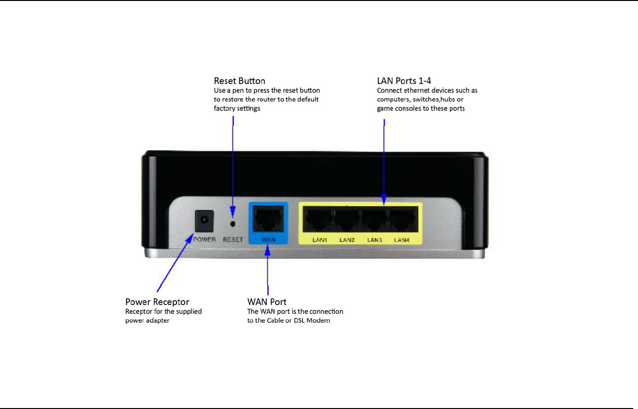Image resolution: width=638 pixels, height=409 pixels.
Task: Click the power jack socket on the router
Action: [204, 221]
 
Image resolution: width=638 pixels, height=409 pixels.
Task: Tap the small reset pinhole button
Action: [233, 223]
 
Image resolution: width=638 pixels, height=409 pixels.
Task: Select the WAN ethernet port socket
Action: [268, 219]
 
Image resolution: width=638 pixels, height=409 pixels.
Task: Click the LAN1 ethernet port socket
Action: [319, 221]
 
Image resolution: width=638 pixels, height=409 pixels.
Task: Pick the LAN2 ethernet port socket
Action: [346, 221]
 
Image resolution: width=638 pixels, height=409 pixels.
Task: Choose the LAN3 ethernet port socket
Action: [374, 221]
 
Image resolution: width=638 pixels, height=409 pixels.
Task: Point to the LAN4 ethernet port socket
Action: [402, 221]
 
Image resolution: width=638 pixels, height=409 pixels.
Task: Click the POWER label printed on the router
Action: [204, 239]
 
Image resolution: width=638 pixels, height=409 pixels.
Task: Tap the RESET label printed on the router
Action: [233, 239]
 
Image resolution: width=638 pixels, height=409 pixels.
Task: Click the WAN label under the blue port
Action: [269, 240]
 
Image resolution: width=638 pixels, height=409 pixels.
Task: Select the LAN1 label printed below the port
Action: [320, 240]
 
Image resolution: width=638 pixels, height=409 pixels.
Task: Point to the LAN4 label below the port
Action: [402, 240]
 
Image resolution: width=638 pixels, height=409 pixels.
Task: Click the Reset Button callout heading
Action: [240, 81]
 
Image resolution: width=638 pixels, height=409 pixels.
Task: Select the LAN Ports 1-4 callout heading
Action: [404, 81]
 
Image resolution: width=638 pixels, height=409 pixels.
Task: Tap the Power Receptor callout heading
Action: [157, 302]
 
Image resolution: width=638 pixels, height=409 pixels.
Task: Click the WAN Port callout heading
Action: [267, 302]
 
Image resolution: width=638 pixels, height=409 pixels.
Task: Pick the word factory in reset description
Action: [224, 108]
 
